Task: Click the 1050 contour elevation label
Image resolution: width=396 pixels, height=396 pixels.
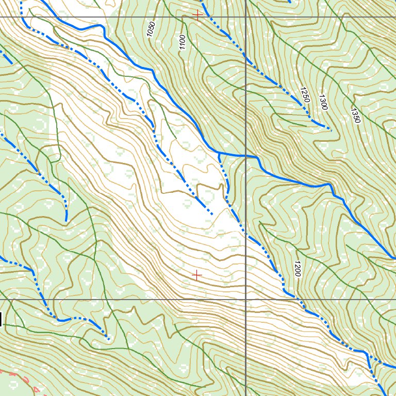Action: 151,30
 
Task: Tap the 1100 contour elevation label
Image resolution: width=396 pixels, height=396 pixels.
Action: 181,42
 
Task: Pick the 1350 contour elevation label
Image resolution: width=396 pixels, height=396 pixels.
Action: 355,114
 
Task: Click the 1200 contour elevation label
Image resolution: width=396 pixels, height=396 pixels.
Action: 297,268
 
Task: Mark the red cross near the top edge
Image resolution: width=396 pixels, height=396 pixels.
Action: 196,15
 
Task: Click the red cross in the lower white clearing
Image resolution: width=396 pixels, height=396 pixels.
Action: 196,275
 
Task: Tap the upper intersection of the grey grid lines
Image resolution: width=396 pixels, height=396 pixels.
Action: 245,17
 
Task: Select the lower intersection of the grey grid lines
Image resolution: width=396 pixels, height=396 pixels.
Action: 245,299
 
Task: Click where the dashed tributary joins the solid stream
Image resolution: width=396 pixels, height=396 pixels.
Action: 219,153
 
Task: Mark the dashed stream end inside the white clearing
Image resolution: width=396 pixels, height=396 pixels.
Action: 212,213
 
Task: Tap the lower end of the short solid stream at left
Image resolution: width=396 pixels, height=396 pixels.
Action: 66,221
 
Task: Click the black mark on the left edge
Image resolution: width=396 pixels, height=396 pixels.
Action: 1,319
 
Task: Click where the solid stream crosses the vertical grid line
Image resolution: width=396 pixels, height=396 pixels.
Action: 245,155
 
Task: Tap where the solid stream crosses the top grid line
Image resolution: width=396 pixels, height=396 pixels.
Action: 47,17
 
